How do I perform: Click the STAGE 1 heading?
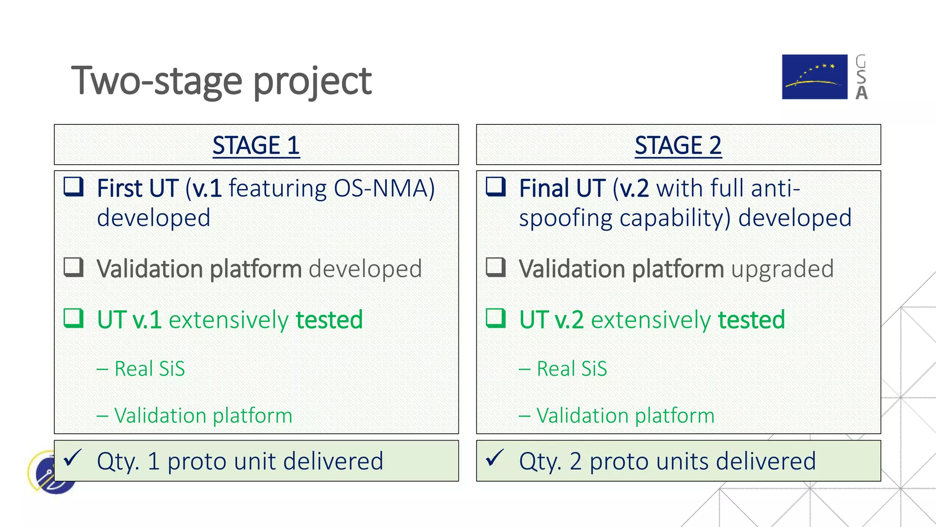coord(256,145)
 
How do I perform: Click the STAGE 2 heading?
coord(678,145)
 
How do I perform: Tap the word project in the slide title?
coord(313,81)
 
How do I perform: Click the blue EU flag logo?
coord(814,77)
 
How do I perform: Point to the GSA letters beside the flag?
coord(861,77)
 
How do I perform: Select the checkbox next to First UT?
coord(74,187)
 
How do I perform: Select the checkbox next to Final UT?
coord(496,187)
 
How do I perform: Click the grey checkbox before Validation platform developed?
coord(74,267)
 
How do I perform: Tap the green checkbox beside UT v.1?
coord(74,318)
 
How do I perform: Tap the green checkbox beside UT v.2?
coord(496,318)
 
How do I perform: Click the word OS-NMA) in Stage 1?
coord(384,188)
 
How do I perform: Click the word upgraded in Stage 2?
coord(782,269)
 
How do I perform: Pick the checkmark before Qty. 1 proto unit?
coord(73,458)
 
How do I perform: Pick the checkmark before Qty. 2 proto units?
coord(495,458)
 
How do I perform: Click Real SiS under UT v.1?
coord(149,369)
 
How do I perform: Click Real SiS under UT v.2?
coord(572,369)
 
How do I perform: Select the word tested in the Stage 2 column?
coord(751,319)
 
